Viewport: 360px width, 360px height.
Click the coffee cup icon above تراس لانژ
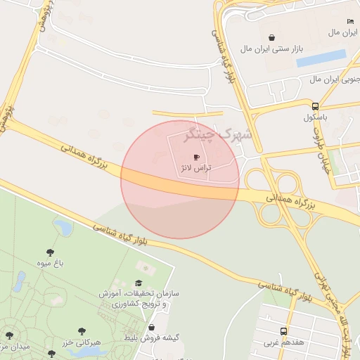(195, 157)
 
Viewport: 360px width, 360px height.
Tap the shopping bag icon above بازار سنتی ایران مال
(271, 37)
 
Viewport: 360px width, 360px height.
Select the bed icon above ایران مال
(351, 21)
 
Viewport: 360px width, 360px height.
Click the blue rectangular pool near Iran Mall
(321, 58)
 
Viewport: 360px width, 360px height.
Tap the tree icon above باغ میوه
(50, 251)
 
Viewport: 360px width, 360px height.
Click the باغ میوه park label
(51, 263)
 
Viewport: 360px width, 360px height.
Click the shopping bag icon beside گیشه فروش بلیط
(151, 327)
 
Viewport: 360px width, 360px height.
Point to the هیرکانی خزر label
(83, 342)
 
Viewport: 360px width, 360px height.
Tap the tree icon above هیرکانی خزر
(82, 329)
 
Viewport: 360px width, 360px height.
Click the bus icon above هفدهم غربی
(283, 331)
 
